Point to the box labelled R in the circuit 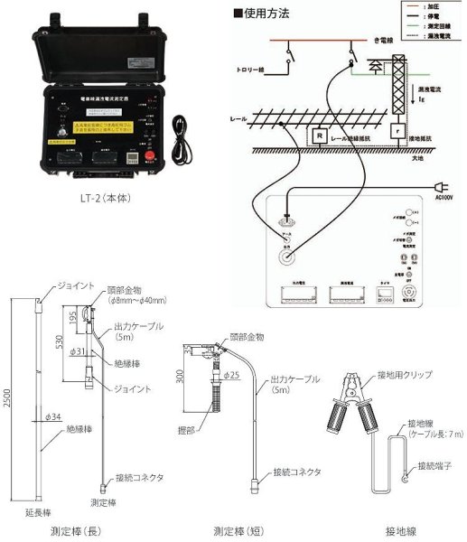click(x=319, y=135)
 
